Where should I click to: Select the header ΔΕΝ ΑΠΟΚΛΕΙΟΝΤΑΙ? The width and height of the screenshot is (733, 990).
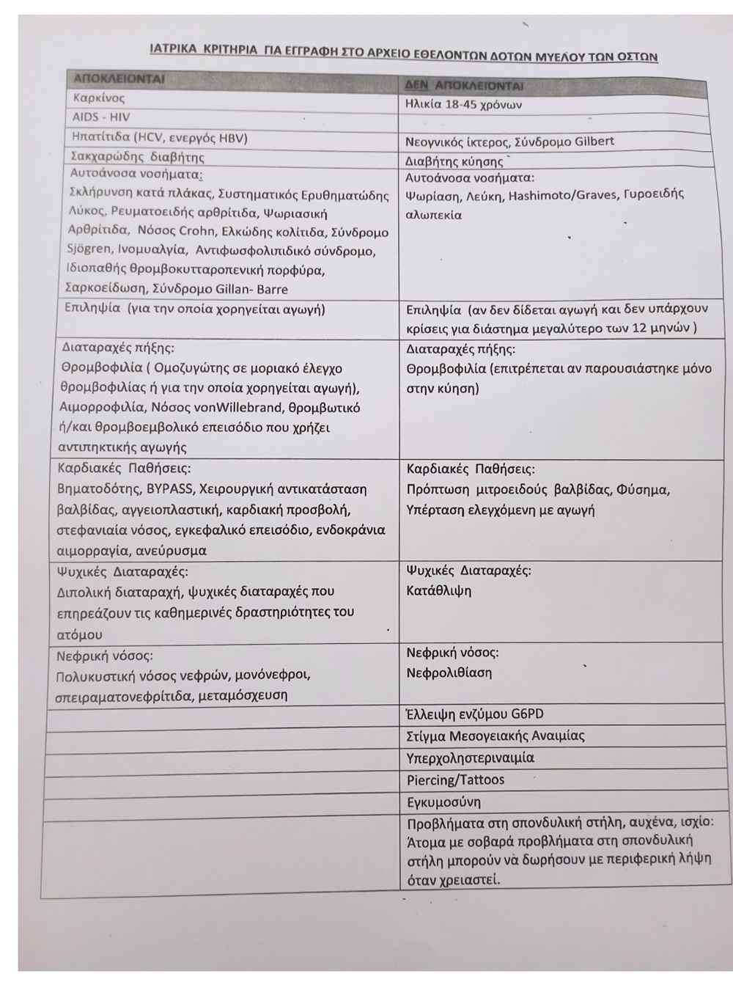point(464,85)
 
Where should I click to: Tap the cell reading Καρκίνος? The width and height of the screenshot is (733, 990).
point(99,98)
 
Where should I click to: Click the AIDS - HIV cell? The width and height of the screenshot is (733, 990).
point(101,117)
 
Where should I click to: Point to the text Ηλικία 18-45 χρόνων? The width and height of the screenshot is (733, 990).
point(463,104)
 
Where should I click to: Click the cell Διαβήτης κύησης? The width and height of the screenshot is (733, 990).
point(454,161)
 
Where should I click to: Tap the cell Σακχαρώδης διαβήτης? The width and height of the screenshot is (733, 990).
point(137,156)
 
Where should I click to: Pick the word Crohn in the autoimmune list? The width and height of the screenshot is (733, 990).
point(196,231)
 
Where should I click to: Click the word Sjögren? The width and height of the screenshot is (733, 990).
point(89,249)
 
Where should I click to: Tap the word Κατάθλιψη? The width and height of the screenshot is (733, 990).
point(439,590)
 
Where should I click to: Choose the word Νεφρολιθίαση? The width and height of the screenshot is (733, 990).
point(449,672)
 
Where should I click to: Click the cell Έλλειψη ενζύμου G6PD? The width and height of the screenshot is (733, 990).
point(475,714)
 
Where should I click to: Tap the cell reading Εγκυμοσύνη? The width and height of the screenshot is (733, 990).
point(444,802)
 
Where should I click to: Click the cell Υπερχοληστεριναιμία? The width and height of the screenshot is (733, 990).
point(471,758)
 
